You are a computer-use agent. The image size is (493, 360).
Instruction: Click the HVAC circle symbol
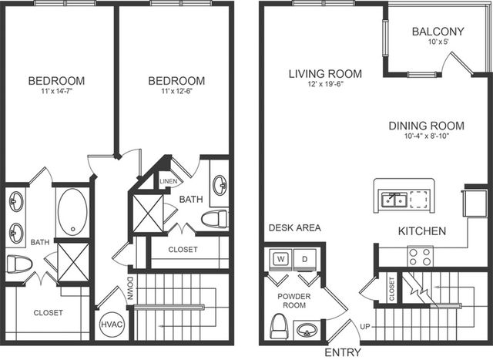click(112, 324)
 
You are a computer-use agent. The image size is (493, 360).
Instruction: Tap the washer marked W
click(280, 259)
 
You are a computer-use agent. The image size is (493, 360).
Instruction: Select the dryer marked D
click(304, 259)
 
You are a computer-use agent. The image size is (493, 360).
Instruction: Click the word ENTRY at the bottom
click(343, 352)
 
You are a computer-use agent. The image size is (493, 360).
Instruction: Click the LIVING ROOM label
click(325, 74)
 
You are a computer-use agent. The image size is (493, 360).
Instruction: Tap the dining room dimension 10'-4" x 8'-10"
click(427, 136)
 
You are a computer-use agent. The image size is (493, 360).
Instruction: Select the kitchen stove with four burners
click(420, 257)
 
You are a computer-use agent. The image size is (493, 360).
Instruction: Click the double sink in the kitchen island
click(394, 200)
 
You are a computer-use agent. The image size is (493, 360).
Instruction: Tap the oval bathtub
click(72, 212)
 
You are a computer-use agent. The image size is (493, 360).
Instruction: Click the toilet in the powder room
click(279, 326)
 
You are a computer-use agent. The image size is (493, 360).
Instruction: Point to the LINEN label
click(169, 182)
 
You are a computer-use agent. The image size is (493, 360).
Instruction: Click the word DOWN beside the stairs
click(131, 288)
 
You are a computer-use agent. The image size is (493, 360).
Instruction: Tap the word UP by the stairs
click(365, 327)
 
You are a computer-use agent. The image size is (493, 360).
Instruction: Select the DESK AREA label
click(295, 227)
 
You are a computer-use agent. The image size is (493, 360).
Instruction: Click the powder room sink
click(307, 330)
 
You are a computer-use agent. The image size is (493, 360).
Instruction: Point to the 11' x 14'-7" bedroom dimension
click(56, 92)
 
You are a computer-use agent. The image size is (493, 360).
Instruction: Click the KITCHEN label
click(422, 231)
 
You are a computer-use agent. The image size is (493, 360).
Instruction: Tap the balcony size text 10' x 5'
click(438, 41)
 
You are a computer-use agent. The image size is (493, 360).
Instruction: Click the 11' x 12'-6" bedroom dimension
click(176, 92)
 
